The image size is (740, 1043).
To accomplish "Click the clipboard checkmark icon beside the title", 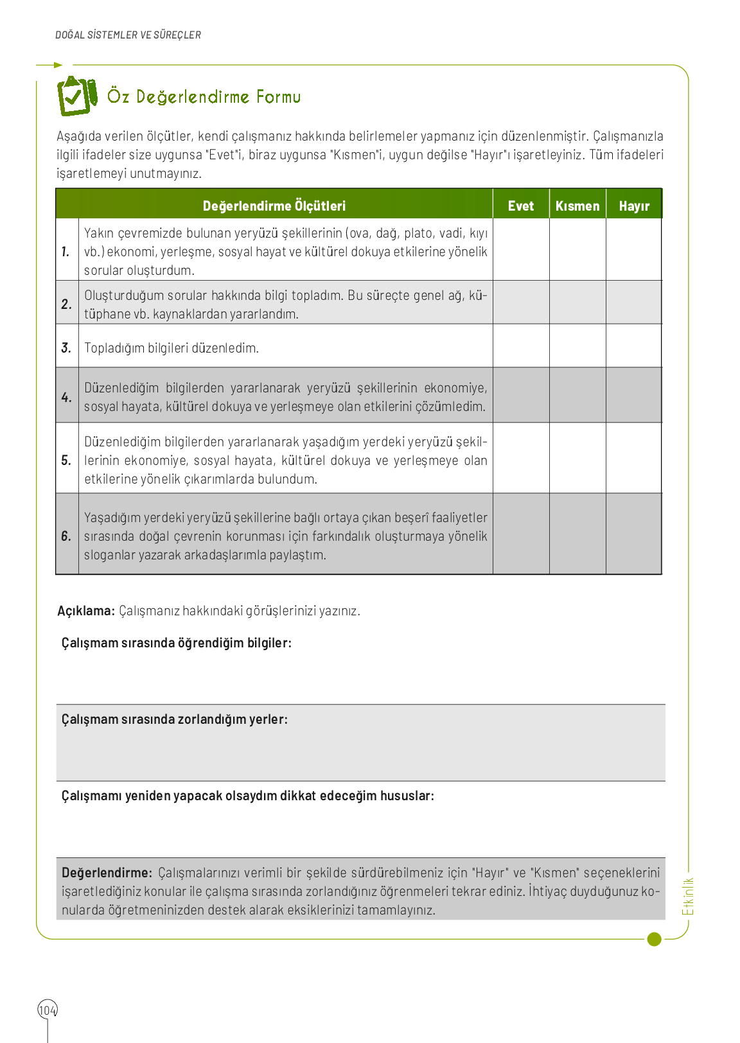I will (76, 96).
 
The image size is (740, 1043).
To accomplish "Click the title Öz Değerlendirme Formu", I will (204, 97).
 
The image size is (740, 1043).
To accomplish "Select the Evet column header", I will (520, 206).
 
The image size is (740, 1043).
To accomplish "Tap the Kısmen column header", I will (577, 206).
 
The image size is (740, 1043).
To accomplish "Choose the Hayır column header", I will (634, 206).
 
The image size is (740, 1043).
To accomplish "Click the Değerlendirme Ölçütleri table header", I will (274, 206).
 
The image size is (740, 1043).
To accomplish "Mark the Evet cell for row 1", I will (521, 250).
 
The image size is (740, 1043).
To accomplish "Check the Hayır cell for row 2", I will (634, 302).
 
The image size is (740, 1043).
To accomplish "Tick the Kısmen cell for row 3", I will (577, 346).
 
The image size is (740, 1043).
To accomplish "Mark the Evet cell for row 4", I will (521, 396).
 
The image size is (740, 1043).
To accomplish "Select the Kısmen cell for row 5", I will (577, 459).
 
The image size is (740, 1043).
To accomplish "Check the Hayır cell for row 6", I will (634, 534).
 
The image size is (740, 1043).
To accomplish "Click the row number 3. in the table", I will (66, 347).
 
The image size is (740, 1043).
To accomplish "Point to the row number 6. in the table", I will (66, 536).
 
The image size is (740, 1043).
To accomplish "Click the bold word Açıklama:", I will (86, 611).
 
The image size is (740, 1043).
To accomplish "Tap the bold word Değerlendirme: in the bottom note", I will (107, 873).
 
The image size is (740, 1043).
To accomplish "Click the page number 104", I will (48, 1010).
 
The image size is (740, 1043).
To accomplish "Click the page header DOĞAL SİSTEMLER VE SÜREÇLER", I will (128, 35).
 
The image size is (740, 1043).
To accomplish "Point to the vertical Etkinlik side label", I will (688, 897).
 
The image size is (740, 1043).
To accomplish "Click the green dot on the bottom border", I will (654, 939).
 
